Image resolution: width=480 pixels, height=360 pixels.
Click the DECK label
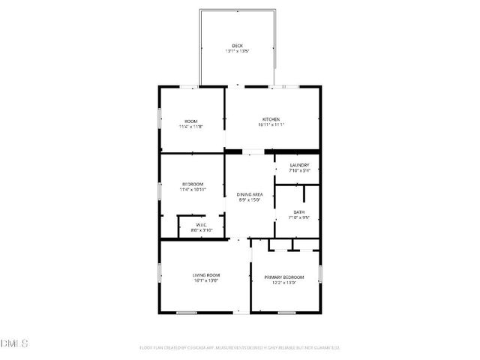(x=237, y=46)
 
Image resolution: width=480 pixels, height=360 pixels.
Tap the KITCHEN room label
(x=271, y=120)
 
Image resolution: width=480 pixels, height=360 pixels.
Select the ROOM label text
(x=191, y=121)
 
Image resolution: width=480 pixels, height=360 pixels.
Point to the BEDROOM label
(x=192, y=184)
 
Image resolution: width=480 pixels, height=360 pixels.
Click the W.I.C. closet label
(x=201, y=225)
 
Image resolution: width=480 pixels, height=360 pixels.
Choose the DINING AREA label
(x=250, y=195)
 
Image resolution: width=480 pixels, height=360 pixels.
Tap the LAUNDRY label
(x=299, y=165)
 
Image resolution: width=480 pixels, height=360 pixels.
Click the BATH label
(x=299, y=212)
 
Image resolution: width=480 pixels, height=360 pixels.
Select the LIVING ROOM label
(x=205, y=275)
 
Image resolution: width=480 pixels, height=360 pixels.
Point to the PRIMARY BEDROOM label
(x=284, y=277)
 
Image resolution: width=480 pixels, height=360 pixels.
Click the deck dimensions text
(x=237, y=51)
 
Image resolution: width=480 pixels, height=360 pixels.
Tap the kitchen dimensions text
(x=271, y=125)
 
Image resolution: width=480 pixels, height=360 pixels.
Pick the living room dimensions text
(x=205, y=280)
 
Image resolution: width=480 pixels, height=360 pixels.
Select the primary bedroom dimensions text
(x=284, y=283)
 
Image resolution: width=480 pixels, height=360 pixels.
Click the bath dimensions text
(x=299, y=217)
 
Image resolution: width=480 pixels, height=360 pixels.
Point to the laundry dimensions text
(x=299, y=170)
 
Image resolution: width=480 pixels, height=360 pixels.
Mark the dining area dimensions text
(x=250, y=200)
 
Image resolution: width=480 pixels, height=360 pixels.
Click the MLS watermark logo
(x=14, y=343)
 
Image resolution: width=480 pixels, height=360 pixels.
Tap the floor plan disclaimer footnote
(x=240, y=347)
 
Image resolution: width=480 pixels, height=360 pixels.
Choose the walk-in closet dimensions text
(x=201, y=230)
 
